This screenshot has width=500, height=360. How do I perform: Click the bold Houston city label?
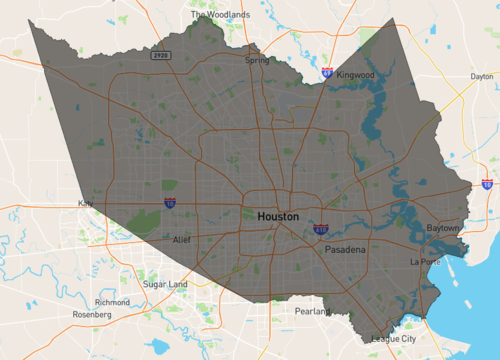pos(278,216)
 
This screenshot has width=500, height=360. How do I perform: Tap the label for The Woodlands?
pos(221,16)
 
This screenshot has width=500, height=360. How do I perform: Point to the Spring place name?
pos(257,60)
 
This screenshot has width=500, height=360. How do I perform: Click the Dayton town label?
pos(482,76)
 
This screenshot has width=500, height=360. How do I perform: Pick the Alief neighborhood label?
pos(180,240)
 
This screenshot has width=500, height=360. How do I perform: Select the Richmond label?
pos(112,302)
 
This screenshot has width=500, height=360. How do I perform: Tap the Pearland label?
pos(312,312)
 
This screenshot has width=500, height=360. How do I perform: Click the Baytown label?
pos(442,228)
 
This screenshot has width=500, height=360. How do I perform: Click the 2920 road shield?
pos(160,56)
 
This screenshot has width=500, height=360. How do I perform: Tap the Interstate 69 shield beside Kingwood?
pos(327,73)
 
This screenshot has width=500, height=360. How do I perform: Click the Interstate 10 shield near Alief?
pos(170,203)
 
